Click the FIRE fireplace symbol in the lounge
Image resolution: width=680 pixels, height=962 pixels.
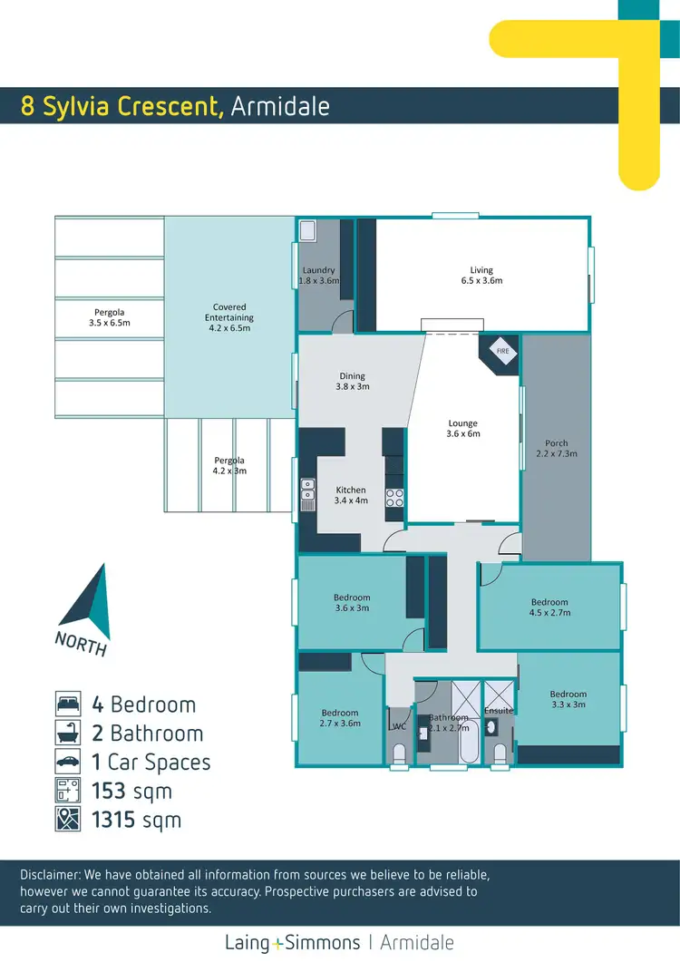pos(502,350)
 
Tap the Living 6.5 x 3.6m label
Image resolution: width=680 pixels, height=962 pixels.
pos(481,275)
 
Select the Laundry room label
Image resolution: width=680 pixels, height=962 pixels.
pos(318,275)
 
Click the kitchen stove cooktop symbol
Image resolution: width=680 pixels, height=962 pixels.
pos(395,497)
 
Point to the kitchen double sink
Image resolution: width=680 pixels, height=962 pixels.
pos(308,490)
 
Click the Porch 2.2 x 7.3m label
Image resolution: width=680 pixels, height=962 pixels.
pos(557,448)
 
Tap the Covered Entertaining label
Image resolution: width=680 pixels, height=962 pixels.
pos(229,317)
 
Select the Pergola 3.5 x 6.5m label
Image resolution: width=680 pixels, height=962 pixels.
pos(109,317)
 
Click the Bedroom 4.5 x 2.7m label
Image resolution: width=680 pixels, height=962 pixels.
pos(549,607)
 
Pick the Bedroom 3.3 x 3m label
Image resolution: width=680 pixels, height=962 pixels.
pos(568,699)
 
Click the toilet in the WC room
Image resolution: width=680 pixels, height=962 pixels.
pos(399,753)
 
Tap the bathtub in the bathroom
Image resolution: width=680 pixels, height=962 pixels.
pos(469,745)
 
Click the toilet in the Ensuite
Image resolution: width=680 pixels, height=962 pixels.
pos(498,752)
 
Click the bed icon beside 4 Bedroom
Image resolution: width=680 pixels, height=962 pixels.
pos(67,704)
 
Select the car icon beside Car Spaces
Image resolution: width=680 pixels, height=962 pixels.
pos(67,762)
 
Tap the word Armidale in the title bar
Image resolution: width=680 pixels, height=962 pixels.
pos(279,106)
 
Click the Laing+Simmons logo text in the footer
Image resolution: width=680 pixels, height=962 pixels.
pos(293,942)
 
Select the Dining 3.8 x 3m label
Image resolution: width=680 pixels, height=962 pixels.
pos(352,381)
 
